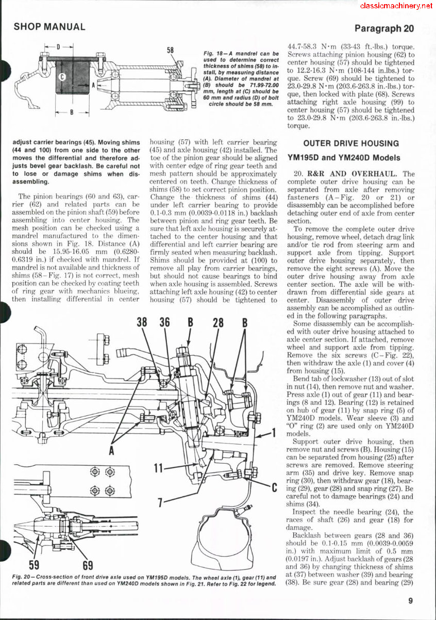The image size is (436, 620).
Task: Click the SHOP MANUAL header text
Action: pyautogui.click(x=49, y=27)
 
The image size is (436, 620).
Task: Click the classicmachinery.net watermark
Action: pyautogui.click(x=396, y=6)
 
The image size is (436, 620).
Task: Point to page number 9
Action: pyautogui.click(x=410, y=600)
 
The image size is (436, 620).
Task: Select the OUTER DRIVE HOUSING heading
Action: pyautogui.click(x=351, y=143)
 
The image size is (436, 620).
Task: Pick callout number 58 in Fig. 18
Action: pyautogui.click(x=171, y=51)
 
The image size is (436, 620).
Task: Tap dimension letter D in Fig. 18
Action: pyautogui.click(x=58, y=47)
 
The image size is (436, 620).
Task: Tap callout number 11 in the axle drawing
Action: pyautogui.click(x=160, y=468)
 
